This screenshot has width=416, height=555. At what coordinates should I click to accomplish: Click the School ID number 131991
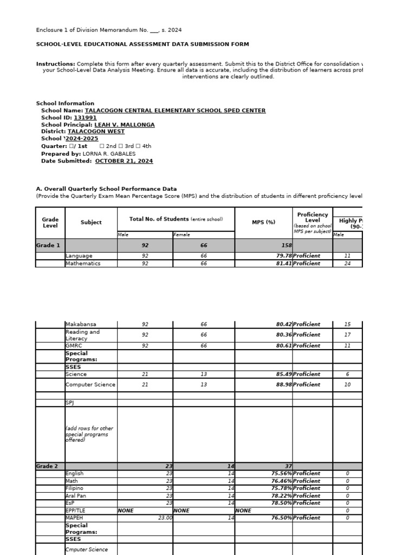pos(85,118)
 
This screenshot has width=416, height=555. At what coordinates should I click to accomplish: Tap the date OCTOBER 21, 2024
pos(124,161)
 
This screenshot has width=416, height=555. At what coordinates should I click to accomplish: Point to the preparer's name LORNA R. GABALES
pos(109,154)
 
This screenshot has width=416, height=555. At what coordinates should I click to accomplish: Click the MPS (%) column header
pos(263,222)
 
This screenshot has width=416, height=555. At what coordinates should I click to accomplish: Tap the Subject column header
pos(91,222)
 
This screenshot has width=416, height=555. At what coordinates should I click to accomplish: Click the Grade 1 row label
pos(48,246)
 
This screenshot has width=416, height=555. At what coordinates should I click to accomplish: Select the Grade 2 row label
pos(48,466)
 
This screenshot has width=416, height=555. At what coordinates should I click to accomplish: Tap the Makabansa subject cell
pos(81,325)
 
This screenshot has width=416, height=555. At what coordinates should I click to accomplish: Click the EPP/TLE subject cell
pos(75,511)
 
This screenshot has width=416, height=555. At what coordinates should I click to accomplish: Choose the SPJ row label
pos(70,403)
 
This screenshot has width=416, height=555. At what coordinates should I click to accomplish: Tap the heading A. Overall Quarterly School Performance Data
pos(106,189)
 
